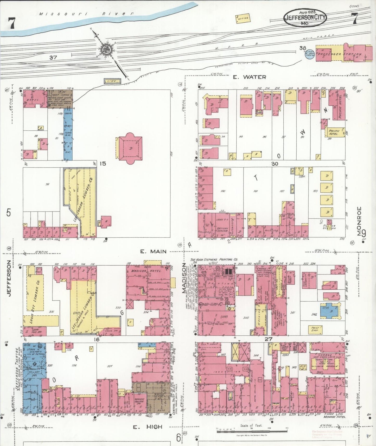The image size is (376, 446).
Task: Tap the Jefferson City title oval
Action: (304, 17)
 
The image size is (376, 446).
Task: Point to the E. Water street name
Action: (249, 77)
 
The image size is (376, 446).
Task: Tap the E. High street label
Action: (147, 427)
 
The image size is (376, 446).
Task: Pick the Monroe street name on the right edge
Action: (359, 221)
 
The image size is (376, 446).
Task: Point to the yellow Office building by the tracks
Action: (243, 18)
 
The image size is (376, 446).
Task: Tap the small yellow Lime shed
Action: (112, 81)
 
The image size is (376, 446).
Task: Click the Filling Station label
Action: (329, 227)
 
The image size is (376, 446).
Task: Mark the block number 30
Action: (275, 164)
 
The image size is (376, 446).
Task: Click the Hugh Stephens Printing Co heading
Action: (214, 259)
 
